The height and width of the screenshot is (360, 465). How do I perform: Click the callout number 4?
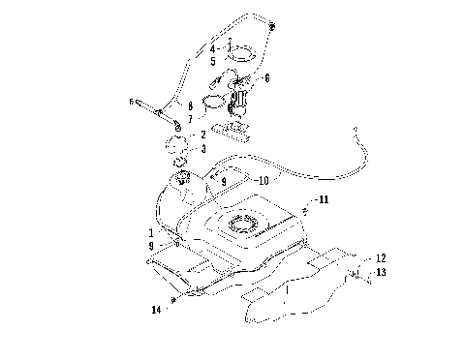tap(212, 47)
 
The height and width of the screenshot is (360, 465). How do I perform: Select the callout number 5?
tap(212, 60)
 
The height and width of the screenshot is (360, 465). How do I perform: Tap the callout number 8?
tap(191, 106)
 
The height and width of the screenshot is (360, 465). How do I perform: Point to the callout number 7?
tap(191, 119)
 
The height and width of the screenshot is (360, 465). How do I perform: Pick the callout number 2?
tap(202, 136)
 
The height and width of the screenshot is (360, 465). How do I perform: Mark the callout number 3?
tap(202, 150)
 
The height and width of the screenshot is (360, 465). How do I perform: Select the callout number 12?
tap(381, 258)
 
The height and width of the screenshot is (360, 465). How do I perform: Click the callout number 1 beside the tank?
tap(150, 233)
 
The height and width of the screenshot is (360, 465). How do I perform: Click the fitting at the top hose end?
tap(272, 26)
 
